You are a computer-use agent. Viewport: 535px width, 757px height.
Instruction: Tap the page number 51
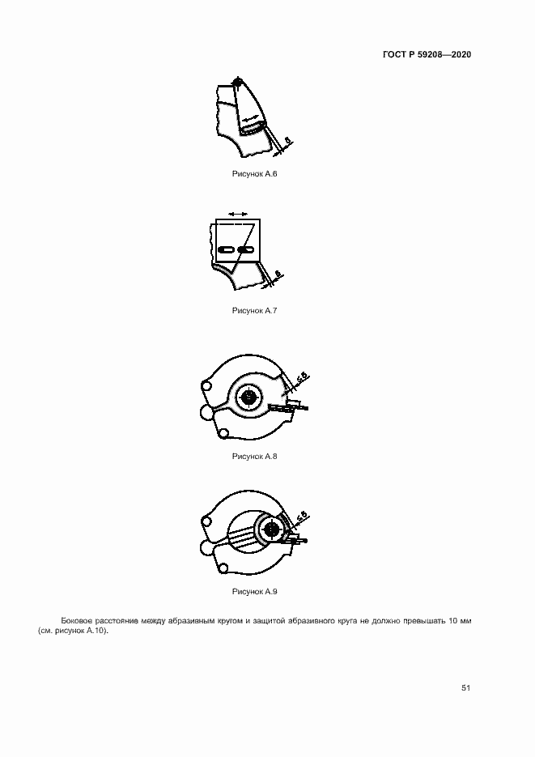click(465, 688)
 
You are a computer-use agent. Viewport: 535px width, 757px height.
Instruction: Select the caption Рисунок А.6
click(254, 174)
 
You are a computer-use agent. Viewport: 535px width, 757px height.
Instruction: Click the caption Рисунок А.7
click(254, 310)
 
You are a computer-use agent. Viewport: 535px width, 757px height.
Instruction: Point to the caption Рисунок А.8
click(254, 457)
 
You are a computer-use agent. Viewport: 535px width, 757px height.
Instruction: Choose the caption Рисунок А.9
click(254, 591)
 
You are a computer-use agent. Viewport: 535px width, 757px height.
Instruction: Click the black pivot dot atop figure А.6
click(237, 82)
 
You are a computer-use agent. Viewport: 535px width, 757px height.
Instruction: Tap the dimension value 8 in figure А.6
click(288, 141)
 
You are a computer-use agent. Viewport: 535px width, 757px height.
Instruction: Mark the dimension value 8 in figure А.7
click(278, 274)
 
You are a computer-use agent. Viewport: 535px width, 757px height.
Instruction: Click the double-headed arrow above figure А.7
click(238, 214)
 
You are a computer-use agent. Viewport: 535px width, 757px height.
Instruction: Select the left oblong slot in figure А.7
click(226, 249)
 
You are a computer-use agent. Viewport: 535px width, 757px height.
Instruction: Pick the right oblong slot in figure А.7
click(245, 249)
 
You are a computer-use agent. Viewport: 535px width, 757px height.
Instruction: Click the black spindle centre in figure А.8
click(248, 397)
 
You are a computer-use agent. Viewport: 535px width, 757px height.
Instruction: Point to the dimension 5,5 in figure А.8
click(302, 379)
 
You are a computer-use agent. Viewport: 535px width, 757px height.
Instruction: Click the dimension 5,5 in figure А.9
click(302, 517)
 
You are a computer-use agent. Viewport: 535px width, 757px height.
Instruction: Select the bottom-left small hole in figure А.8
click(223, 433)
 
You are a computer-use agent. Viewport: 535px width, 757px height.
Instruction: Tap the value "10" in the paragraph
click(453, 621)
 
